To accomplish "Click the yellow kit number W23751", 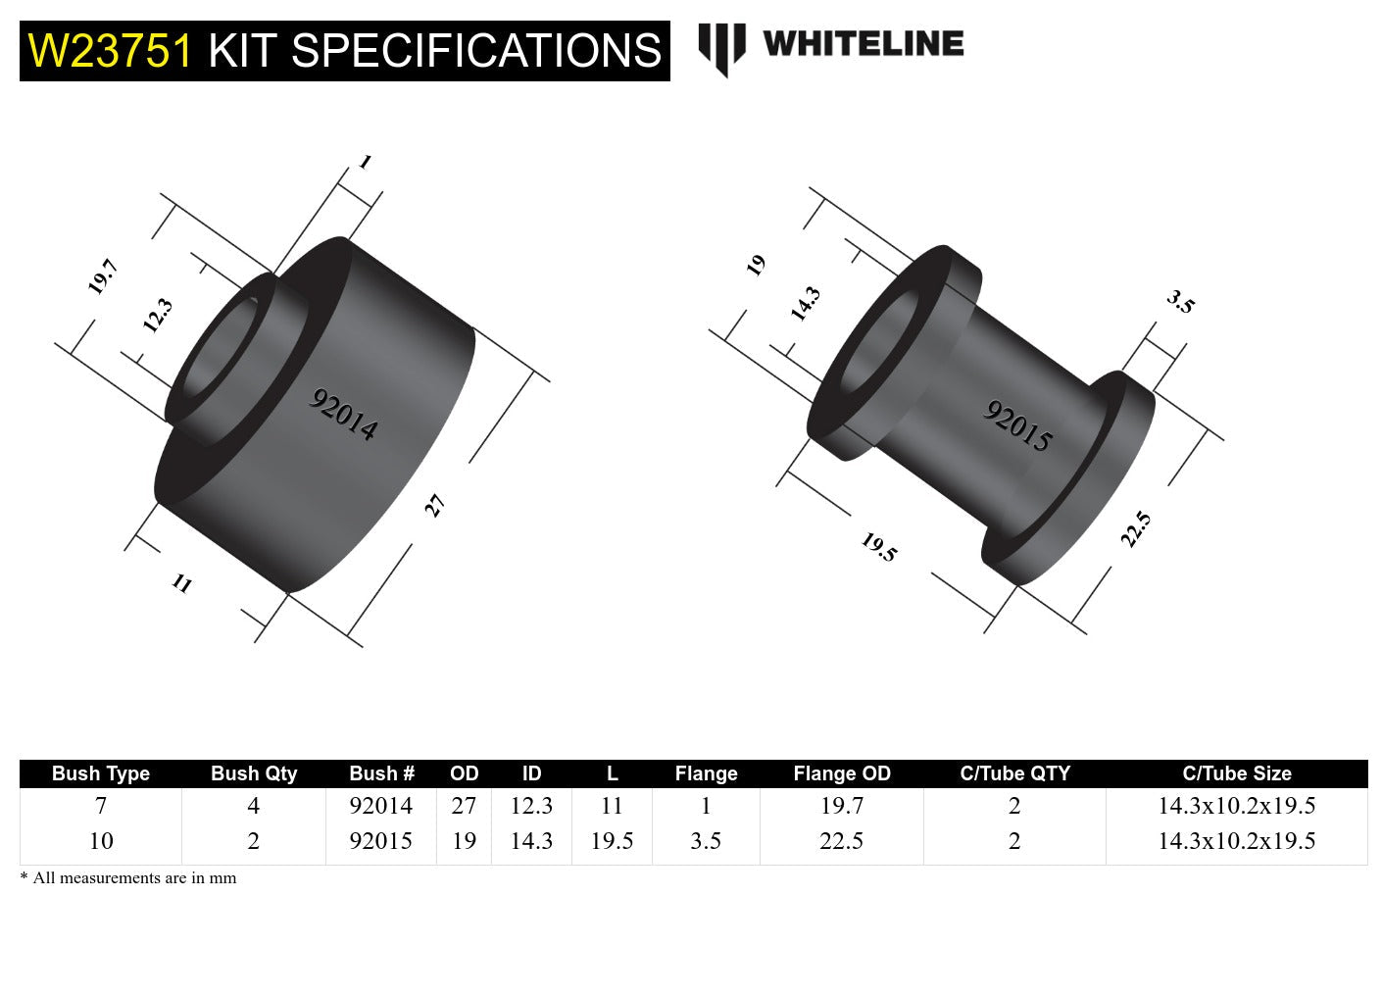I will (x=111, y=51).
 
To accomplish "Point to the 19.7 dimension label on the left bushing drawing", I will (x=102, y=276).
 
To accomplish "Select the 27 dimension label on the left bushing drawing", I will (x=434, y=506).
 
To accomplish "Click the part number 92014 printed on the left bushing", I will (x=343, y=415).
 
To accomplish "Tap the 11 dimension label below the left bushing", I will (x=182, y=583).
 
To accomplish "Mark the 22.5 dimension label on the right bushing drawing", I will (x=1135, y=529).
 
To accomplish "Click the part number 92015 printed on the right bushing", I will (x=1017, y=426).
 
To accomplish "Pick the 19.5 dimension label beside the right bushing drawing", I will (x=878, y=547).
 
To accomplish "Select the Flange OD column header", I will (x=841, y=773).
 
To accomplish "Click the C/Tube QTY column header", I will (x=1014, y=773).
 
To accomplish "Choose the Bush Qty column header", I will (x=253, y=773).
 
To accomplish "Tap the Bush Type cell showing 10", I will (x=101, y=841).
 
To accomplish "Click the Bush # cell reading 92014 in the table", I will (x=380, y=806).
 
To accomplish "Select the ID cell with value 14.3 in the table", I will (x=531, y=841).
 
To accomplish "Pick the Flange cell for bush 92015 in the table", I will (x=706, y=841).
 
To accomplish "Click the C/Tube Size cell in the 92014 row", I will (x=1236, y=806).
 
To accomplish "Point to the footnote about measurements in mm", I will (x=128, y=878).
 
